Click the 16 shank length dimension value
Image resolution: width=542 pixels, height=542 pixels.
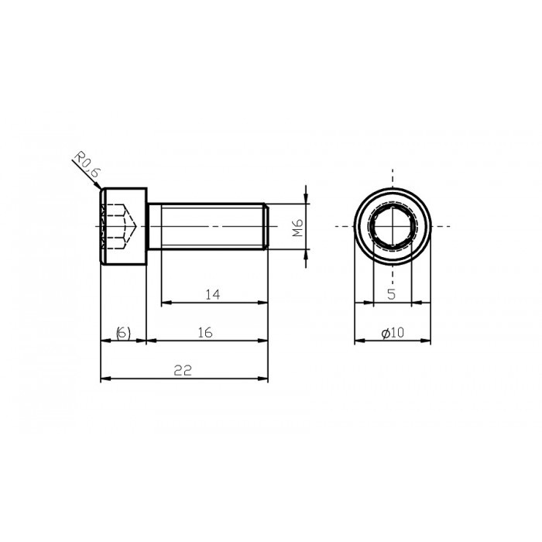205,332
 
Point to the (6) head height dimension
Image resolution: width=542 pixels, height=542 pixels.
123,332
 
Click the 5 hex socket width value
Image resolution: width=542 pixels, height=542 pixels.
392,294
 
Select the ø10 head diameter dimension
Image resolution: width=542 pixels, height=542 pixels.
393,332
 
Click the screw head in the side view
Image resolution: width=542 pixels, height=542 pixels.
124,226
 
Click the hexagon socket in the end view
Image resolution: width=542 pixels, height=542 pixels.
392,226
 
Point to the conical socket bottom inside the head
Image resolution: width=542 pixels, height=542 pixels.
132,226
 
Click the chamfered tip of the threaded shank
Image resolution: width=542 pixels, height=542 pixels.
266,226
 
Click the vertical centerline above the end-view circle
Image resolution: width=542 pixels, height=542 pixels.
392,177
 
